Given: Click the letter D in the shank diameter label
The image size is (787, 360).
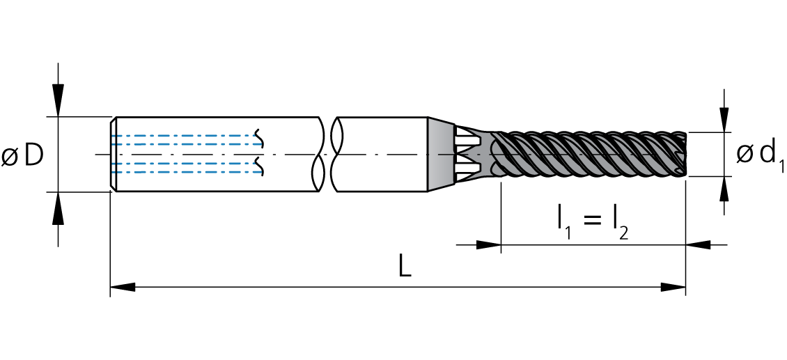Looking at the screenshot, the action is coord(34,157).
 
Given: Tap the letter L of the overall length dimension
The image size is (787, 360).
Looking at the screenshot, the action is coord(405,265).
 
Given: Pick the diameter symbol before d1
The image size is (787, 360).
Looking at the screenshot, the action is coord(745,154).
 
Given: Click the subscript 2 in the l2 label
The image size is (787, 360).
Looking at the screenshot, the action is coord(623,233).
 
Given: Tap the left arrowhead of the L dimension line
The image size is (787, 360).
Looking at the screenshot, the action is coord(123,287).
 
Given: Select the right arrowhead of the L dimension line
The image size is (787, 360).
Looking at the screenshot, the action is coord(673,287).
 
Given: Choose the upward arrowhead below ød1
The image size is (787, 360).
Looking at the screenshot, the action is coord(723,189).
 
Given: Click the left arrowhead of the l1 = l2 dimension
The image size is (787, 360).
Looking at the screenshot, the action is coord(488,245).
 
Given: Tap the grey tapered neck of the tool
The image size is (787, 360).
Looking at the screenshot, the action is coord(441,154).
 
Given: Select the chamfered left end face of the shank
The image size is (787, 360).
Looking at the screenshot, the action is coord(114,154).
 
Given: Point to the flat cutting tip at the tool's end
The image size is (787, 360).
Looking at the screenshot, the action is coord(684,154).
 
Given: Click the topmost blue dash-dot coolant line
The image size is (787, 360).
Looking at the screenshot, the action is coord(187,136).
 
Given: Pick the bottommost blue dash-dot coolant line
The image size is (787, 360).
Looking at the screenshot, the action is coord(187,173).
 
